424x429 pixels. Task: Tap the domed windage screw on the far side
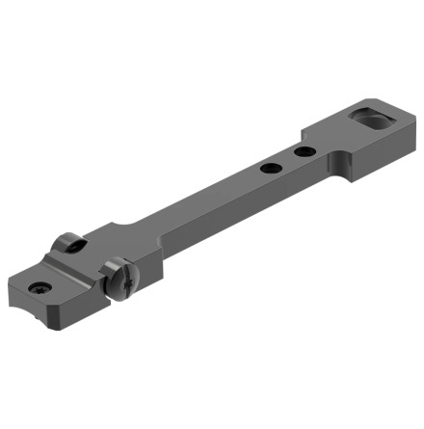click(66, 244)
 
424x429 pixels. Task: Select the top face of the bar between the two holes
click(286, 161)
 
